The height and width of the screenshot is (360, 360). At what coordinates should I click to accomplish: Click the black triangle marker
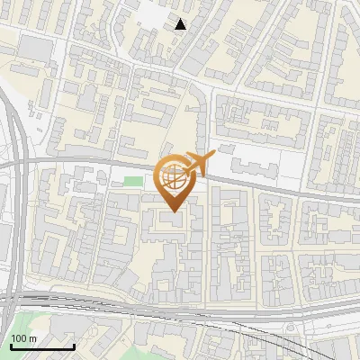tap(181, 24)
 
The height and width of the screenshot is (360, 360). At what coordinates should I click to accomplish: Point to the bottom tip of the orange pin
tap(173, 212)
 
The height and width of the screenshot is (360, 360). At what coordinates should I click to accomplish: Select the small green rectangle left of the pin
tap(133, 183)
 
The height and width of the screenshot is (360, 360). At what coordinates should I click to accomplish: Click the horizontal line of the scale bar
tap(42, 346)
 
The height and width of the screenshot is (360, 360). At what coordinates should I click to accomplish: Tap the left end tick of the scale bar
tap(11, 345)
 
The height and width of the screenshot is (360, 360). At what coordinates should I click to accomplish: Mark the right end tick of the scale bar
tap(74, 345)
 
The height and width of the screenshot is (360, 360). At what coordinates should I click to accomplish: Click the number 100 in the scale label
tap(17, 337)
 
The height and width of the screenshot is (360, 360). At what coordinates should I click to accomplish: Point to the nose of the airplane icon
tap(213, 156)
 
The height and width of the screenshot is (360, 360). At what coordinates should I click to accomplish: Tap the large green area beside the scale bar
tap(18, 324)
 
